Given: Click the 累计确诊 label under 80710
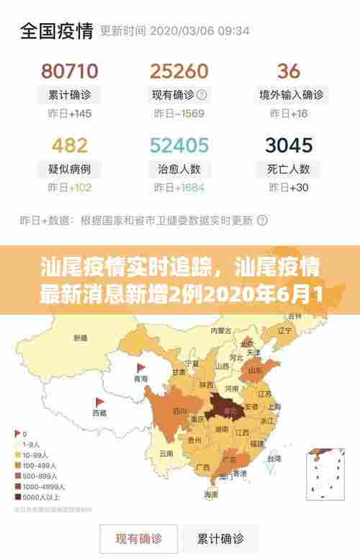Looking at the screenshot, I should pos(70,94).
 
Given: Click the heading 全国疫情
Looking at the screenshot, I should pos(56,30).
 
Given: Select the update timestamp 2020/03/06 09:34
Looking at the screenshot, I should pos(199,31).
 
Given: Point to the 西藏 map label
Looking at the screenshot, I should pos(99,412).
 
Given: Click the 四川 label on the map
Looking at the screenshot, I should pos(180,412).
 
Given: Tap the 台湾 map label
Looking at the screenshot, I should pos(274,458).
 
